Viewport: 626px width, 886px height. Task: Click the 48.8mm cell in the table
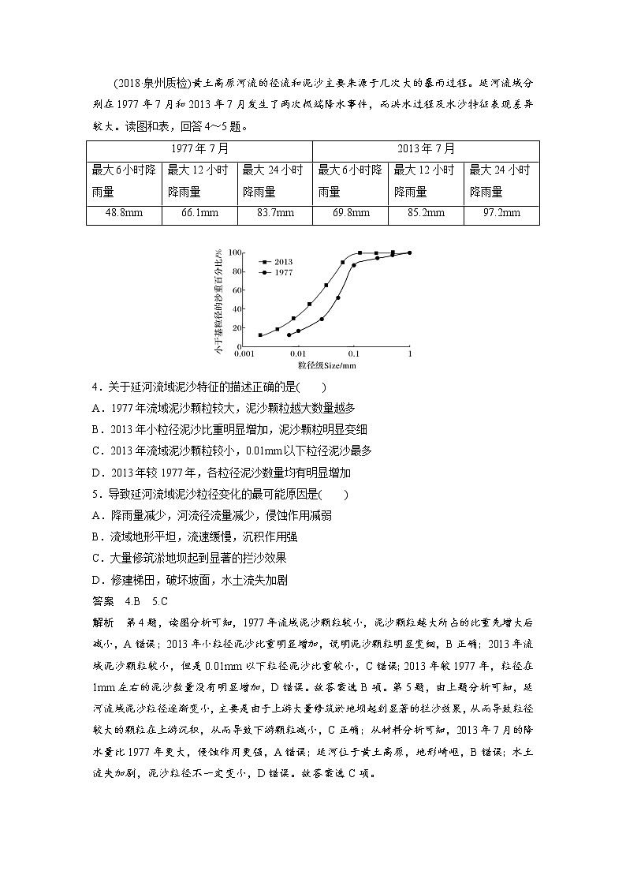click(x=124, y=213)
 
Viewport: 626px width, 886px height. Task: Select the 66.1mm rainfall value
click(x=199, y=213)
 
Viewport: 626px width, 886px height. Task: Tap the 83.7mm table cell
click(x=274, y=213)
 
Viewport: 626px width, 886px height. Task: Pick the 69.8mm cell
click(x=350, y=213)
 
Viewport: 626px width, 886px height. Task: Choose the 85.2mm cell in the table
click(x=426, y=213)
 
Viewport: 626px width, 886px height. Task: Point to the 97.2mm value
click(x=501, y=213)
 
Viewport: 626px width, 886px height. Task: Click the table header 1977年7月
click(x=199, y=148)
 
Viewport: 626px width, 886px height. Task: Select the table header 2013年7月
click(x=426, y=148)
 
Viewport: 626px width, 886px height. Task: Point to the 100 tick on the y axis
click(x=233, y=252)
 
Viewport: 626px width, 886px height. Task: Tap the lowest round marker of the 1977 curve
click(x=289, y=335)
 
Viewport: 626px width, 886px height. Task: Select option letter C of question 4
click(x=96, y=450)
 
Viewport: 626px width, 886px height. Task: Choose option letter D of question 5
click(x=96, y=579)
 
